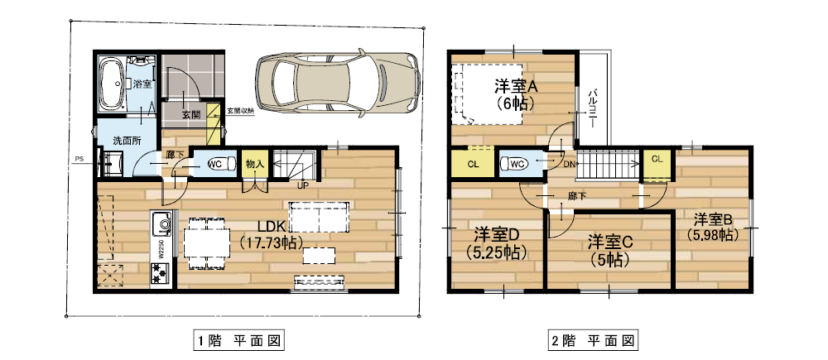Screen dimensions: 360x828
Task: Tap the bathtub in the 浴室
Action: [x=111, y=84]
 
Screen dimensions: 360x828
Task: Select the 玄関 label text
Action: [x=191, y=115]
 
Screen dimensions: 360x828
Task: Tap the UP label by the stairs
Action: [x=303, y=185]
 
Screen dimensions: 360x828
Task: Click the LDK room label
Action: [x=271, y=225]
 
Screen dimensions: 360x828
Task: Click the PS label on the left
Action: [x=79, y=159]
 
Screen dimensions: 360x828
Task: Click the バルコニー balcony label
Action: [x=594, y=106]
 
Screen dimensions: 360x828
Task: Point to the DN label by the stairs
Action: [x=570, y=165]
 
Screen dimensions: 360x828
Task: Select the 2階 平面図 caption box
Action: [x=593, y=340]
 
